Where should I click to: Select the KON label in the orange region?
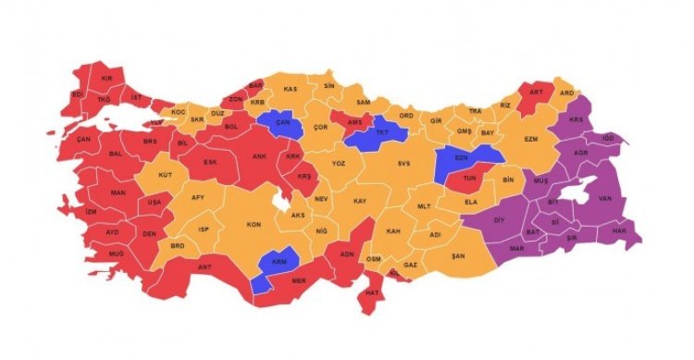tap(252, 225)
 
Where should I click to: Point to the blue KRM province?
tap(279, 262)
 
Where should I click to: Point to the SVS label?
tap(403, 164)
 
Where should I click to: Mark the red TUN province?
tap(469, 177)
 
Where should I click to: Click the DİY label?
tap(499, 220)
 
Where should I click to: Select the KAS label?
tap(290, 88)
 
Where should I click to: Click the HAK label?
tap(619, 230)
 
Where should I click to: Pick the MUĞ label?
tap(116, 253)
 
